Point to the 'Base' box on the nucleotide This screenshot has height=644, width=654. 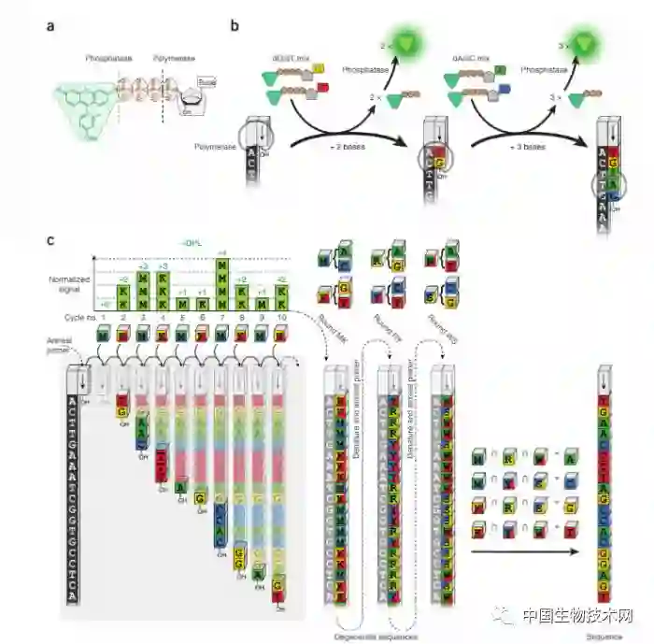point(206,83)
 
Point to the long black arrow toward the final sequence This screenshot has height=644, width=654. point(519,553)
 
